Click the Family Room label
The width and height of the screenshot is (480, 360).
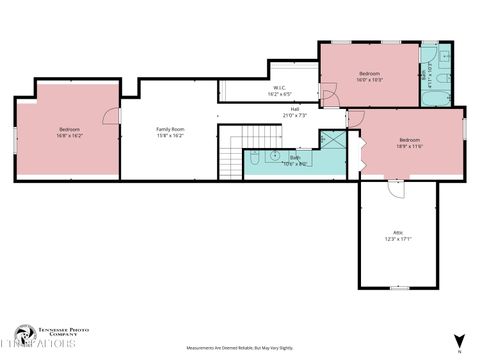click(170, 132)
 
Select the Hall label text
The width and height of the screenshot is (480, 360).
click(295, 112)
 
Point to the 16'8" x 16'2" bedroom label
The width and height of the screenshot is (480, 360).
click(69, 132)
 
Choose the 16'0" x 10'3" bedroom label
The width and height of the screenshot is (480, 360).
click(369, 77)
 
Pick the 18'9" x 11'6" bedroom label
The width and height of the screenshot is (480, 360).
click(409, 143)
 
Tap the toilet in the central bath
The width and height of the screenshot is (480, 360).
click(255, 156)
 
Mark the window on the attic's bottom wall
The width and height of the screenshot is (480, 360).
click(398, 288)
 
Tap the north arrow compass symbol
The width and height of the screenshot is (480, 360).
click(458, 341)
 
